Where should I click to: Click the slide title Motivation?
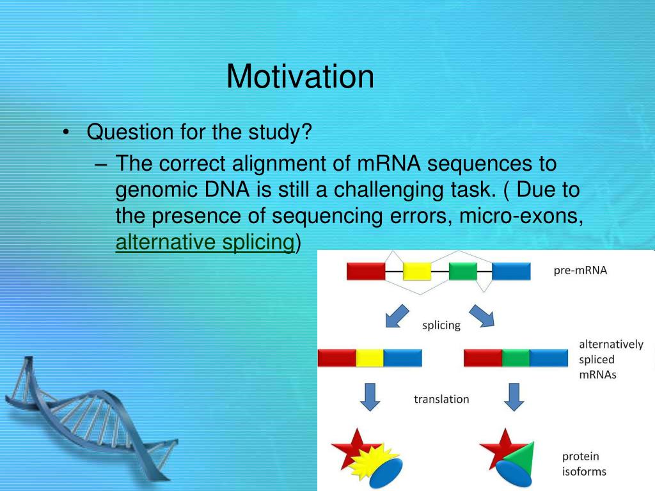click(x=300, y=77)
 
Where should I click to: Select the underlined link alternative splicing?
click(x=205, y=242)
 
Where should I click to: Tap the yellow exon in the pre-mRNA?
click(x=417, y=271)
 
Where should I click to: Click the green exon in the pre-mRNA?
click(x=463, y=271)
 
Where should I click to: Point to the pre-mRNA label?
click(x=580, y=270)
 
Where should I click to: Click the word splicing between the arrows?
click(x=441, y=325)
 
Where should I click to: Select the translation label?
click(x=441, y=399)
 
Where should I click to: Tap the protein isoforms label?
click(x=584, y=464)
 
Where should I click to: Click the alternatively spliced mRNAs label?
click(x=611, y=359)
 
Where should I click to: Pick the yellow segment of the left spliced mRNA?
click(x=370, y=358)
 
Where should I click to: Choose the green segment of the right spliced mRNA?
click(x=516, y=358)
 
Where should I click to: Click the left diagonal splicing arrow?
click(x=397, y=316)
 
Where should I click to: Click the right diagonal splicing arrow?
click(x=482, y=315)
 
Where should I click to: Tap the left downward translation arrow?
click(x=370, y=397)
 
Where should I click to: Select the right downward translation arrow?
click(x=514, y=397)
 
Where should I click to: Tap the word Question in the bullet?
click(x=130, y=132)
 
